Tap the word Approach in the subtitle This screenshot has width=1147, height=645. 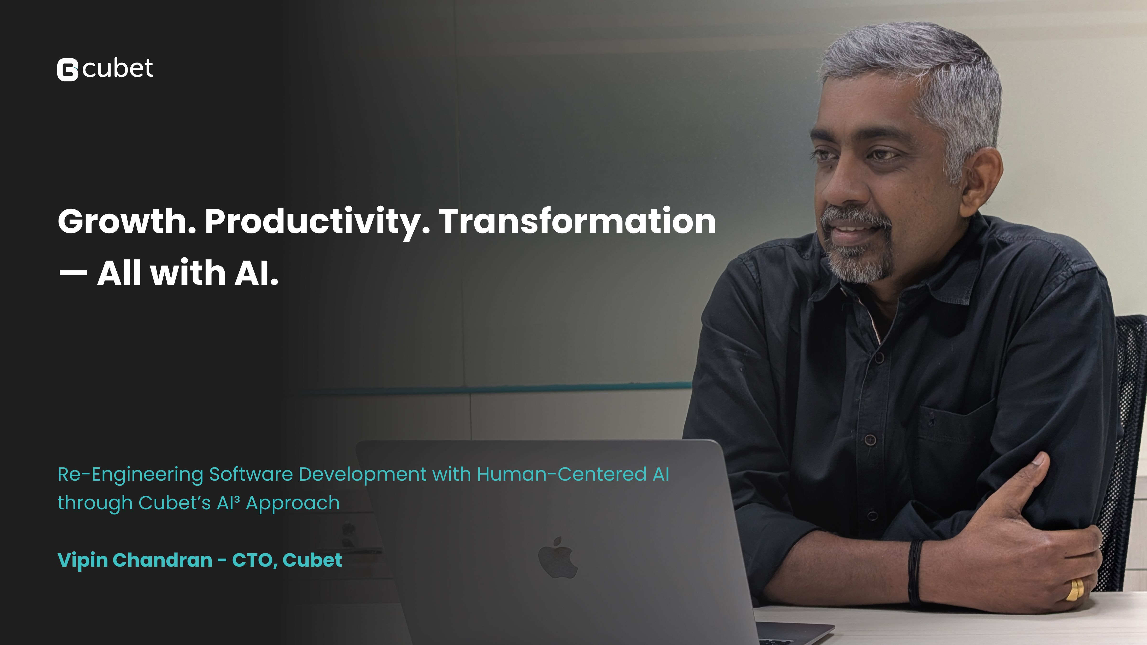[292, 503]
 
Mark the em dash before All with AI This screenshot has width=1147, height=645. [73, 272]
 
